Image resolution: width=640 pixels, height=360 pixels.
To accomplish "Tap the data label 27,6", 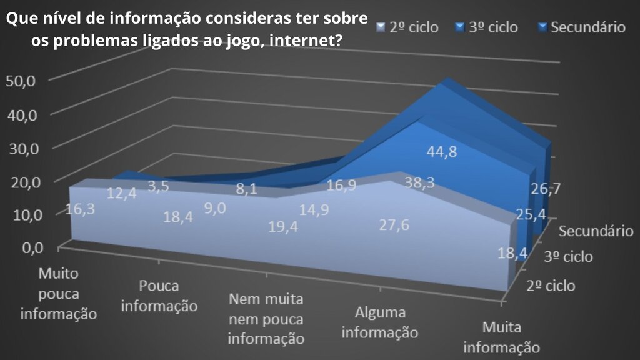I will pyautogui.click(x=394, y=225).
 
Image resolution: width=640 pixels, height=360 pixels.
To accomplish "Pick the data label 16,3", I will pyautogui.click(x=79, y=209).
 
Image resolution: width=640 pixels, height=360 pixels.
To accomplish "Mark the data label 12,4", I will pyautogui.click(x=122, y=194).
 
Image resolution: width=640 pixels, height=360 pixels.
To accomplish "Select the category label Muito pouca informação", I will pyautogui.click(x=59, y=293).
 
